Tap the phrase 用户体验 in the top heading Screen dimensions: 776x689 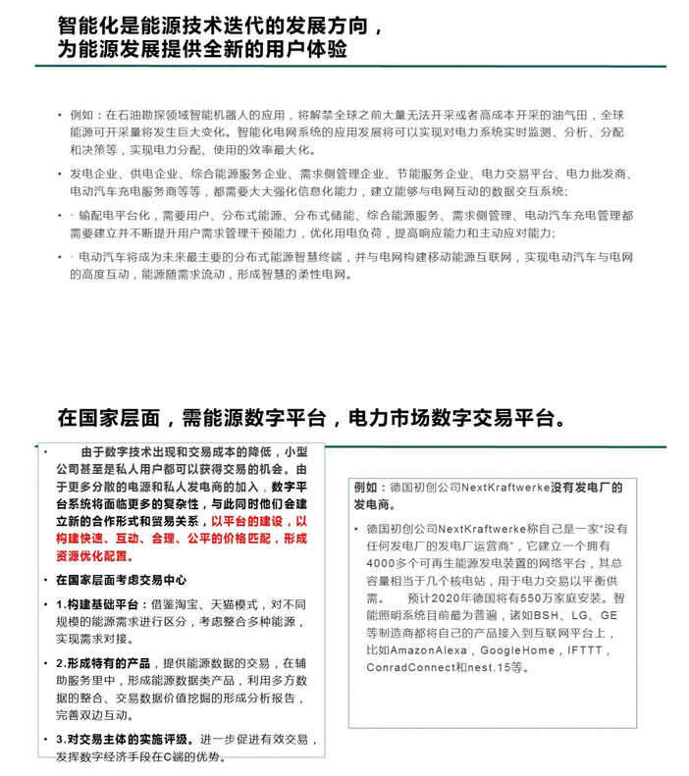tap(312, 48)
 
